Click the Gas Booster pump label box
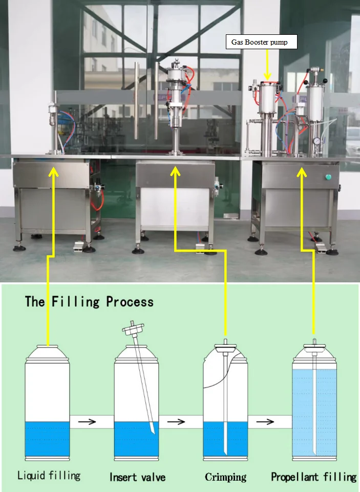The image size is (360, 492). pos(262,42)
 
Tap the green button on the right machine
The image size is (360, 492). pos(328,177)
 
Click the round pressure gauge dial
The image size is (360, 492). pos(317,140)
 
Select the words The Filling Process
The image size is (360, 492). pos(89,301)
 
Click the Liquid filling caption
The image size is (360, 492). pos(49,476)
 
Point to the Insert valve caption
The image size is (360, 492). pos(137,477)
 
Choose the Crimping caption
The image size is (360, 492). pos(225,477)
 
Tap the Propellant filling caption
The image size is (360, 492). pos(313,477)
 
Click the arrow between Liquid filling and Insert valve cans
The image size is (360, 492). pos(87,422)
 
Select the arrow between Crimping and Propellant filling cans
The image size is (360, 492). pos(265,422)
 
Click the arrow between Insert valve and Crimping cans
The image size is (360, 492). pos(176,422)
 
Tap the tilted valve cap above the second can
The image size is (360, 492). pos(133,329)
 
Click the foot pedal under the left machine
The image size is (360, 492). pos(79,247)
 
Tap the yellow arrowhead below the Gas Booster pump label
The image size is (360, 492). pos(267,76)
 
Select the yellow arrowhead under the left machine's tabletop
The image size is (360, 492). pos(54,172)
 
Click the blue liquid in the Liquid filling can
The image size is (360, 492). pos(47,439)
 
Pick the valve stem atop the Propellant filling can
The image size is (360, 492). pos(315,342)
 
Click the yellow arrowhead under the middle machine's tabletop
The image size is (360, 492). pos(175,171)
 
